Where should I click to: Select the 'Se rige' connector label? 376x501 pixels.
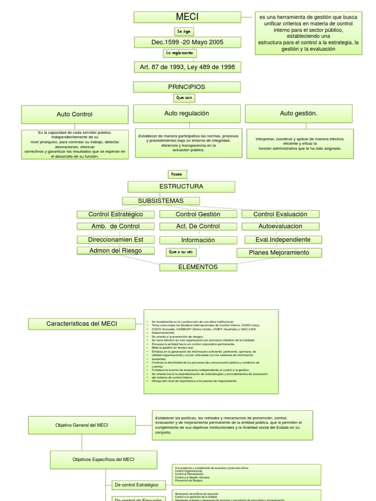[x=186, y=31]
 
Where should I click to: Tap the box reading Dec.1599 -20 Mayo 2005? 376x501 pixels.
[x=187, y=43]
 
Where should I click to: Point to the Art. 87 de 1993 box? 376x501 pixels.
[x=187, y=66]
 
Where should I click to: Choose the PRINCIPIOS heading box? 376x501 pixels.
[x=187, y=87]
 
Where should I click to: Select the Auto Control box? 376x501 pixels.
[x=75, y=114]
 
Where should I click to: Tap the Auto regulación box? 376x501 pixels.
[x=187, y=114]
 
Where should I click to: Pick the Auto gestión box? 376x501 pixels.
[x=298, y=114]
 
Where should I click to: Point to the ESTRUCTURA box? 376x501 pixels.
[x=181, y=186]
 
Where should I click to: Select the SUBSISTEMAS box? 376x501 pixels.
[x=161, y=201]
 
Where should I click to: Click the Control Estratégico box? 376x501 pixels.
[x=116, y=214]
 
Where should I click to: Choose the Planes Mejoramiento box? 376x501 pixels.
[x=279, y=252]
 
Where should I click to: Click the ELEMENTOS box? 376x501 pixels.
[x=198, y=267]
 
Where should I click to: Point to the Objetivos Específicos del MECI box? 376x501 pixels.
[x=103, y=459]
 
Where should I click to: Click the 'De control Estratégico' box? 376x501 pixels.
[x=136, y=484]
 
